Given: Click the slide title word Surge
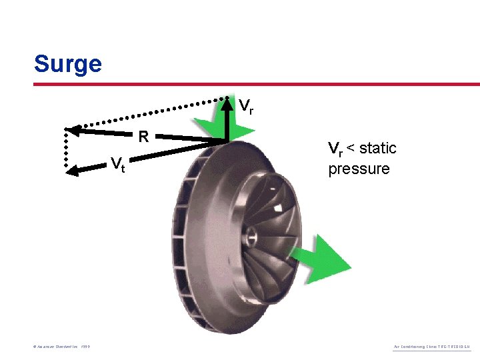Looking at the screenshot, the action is [67, 64].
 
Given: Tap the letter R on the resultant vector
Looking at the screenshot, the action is [143, 138].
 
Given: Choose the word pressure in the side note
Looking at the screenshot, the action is [359, 169].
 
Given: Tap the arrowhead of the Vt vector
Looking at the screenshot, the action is [73, 171].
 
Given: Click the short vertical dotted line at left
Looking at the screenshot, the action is [67, 150].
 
